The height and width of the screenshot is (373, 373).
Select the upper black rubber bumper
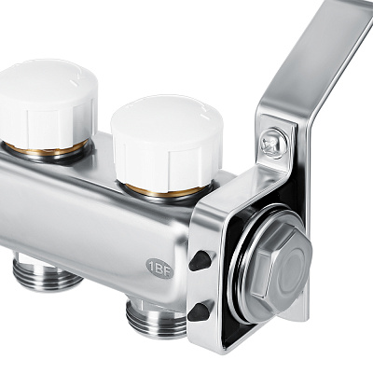[200, 260]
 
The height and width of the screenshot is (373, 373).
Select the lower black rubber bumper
[199, 311]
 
